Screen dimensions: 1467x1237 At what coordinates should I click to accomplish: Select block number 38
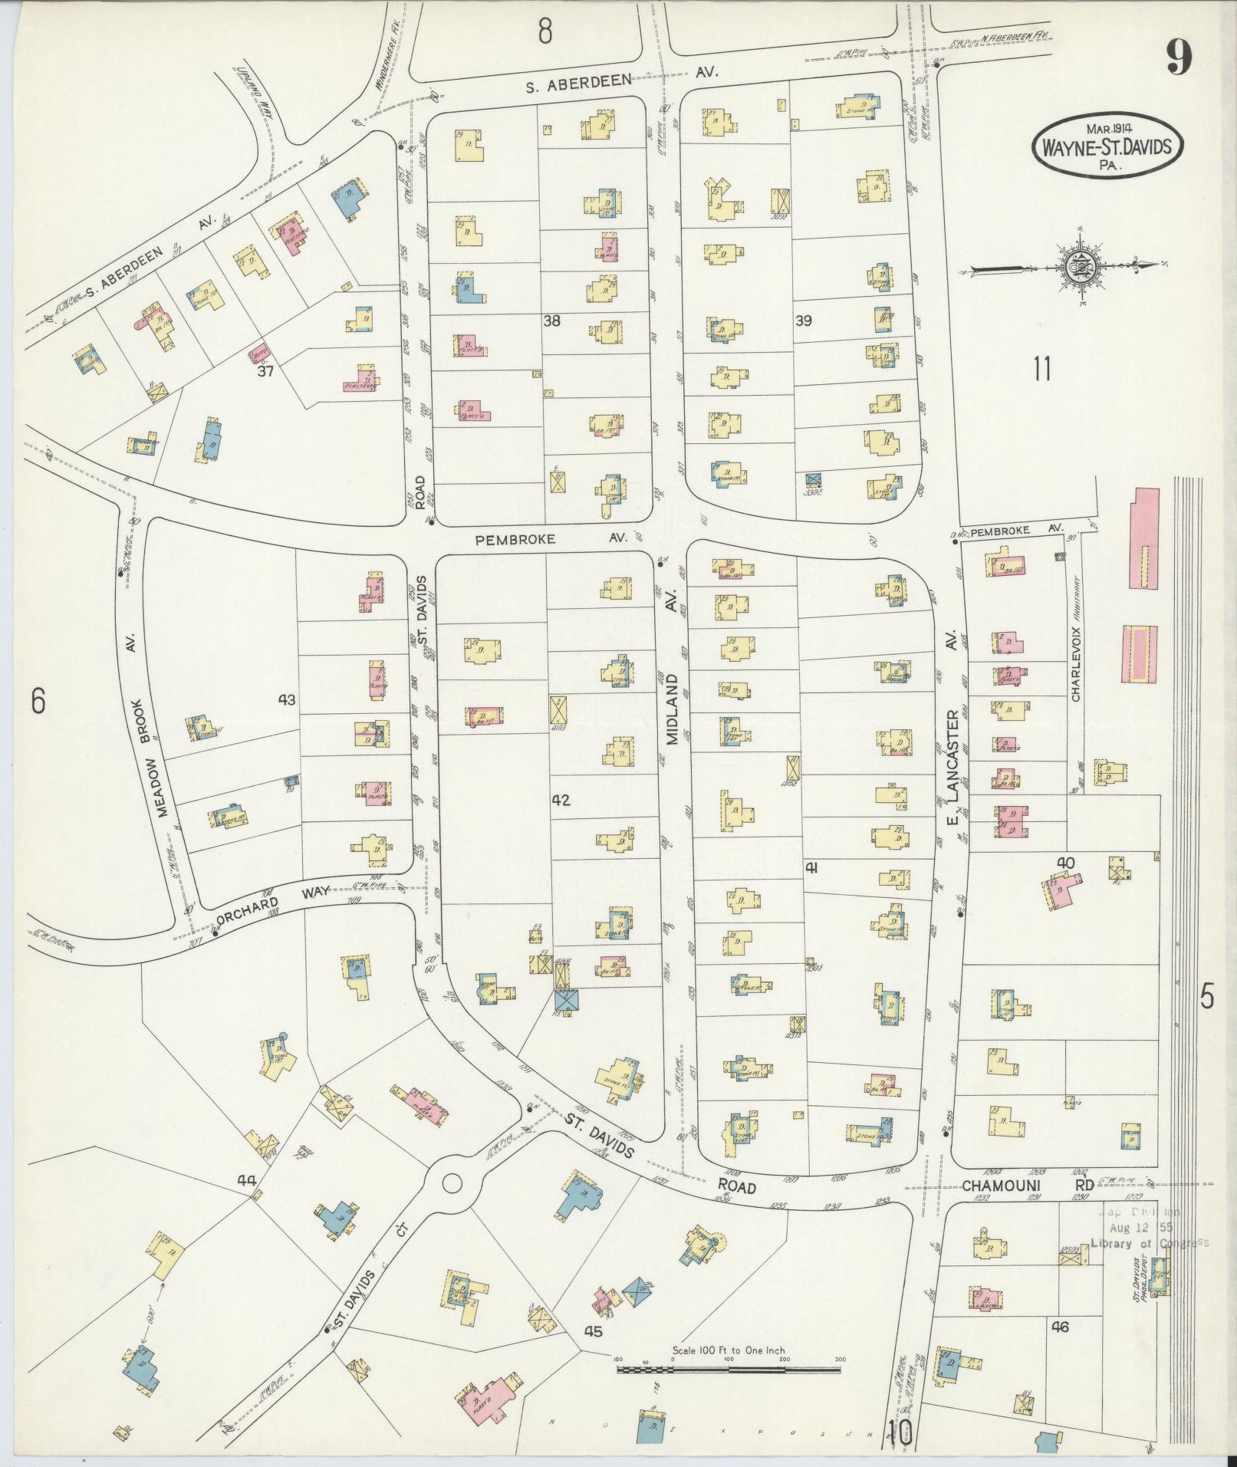(x=552, y=321)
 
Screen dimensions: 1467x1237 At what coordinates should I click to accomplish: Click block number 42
(x=561, y=800)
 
